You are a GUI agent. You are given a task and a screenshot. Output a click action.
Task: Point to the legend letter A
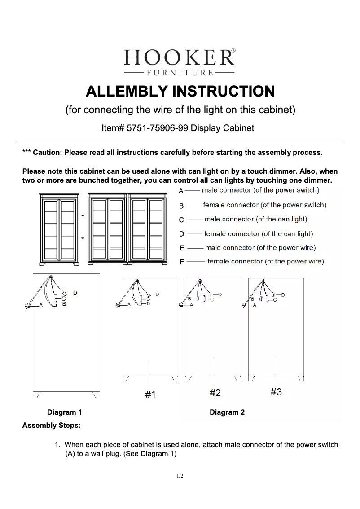tap(181, 191)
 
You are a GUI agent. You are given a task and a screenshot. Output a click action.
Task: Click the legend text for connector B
tap(264, 205)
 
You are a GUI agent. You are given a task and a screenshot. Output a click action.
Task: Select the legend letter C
tap(181, 220)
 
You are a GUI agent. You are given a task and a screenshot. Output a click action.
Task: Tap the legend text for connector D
tap(259, 234)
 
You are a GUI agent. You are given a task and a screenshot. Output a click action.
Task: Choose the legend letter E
tap(181, 248)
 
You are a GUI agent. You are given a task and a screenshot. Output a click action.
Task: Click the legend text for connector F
tap(265, 261)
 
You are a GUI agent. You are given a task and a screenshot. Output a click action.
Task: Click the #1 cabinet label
tap(150, 395)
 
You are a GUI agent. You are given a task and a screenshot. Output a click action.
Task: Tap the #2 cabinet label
tap(215, 393)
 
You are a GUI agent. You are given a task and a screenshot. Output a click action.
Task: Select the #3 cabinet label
tap(276, 392)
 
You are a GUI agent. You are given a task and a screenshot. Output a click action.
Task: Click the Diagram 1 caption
tap(65, 412)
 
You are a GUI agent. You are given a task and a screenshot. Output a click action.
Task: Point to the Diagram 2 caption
tap(227, 412)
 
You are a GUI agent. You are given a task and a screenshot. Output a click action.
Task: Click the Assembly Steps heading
tap(51, 425)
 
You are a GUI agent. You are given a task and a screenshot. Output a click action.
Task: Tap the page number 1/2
tap(180, 476)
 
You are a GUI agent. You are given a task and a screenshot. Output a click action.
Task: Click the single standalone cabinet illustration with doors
tap(60, 229)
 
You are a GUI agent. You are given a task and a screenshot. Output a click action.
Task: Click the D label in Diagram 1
tap(75, 293)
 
